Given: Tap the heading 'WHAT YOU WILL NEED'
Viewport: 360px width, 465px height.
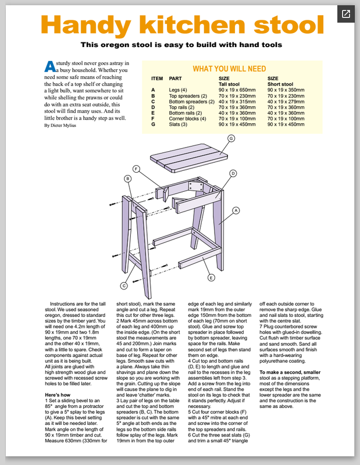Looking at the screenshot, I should click(x=229, y=68).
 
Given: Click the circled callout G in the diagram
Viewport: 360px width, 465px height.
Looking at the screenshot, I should click(x=230, y=138).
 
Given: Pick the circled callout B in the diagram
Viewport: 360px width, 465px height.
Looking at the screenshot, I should click(x=128, y=179).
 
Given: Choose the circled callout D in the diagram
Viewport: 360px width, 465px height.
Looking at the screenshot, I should click(x=233, y=173).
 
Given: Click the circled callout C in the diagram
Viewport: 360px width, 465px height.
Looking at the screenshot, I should click(x=124, y=285).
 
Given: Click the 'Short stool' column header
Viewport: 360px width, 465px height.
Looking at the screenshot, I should click(x=280, y=84).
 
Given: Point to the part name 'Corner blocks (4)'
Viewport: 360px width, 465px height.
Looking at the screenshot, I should click(x=187, y=119).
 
